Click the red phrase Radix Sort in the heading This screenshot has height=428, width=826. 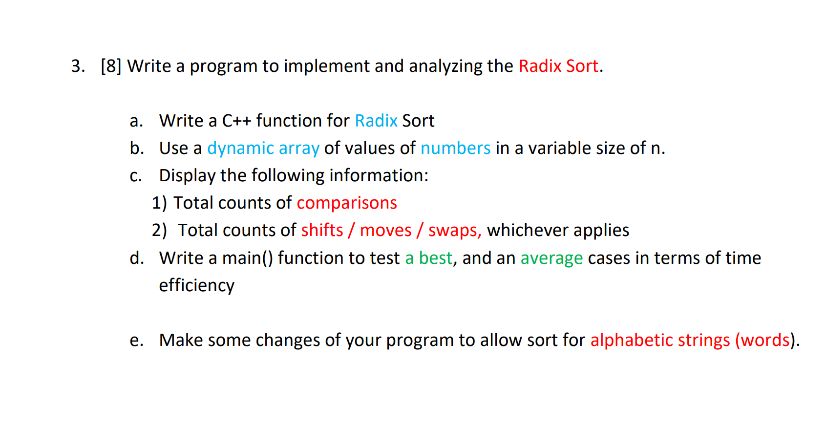coord(558,66)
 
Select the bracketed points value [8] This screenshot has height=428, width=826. coord(111,66)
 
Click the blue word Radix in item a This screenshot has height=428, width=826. coord(376,121)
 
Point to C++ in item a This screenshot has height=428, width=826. coord(236,121)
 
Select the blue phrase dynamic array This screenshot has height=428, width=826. coord(263,148)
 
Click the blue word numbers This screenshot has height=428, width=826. coord(455,148)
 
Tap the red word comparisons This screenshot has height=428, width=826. coord(347,203)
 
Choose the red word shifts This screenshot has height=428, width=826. coord(322,230)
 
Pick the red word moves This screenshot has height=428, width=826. coord(385,230)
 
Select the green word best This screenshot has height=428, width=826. coord(435,258)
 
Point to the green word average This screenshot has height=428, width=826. coord(551,258)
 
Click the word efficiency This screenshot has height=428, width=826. coord(196,285)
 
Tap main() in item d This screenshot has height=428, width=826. coord(247,258)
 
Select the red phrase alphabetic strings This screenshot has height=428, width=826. coord(660,340)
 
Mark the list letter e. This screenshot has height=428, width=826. coord(136,340)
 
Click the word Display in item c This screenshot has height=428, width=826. coord(187,175)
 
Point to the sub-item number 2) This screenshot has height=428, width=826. coord(159,230)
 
